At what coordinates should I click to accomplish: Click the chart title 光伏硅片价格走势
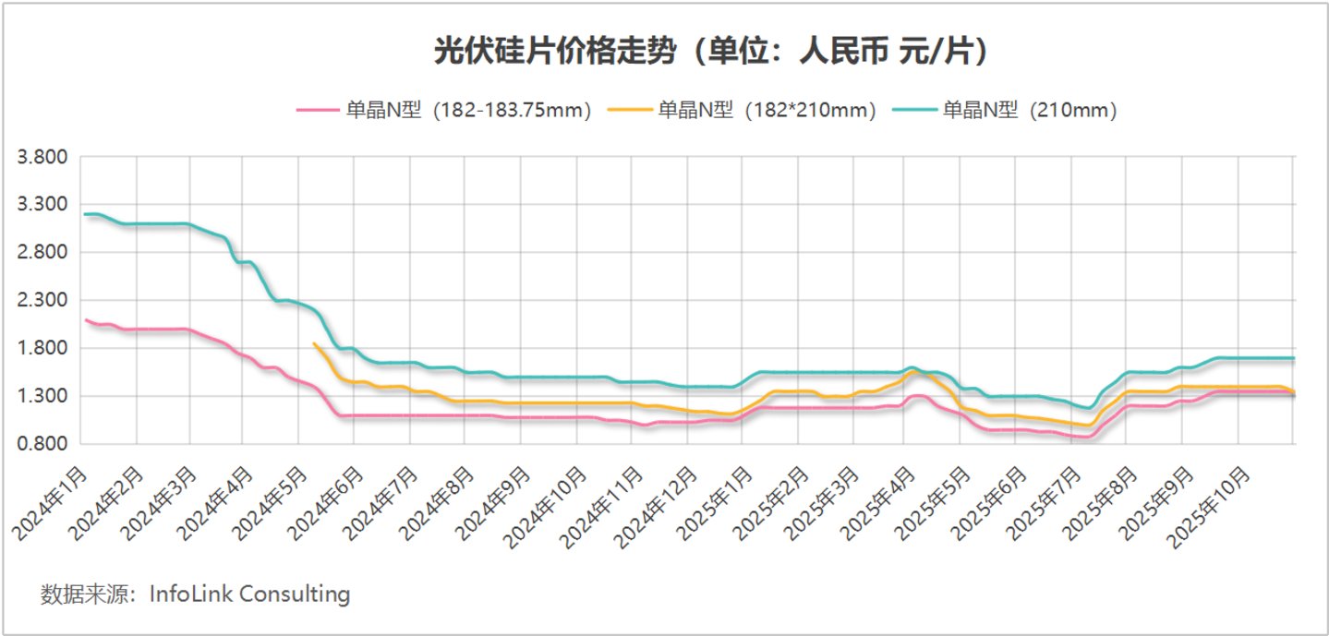click(x=555, y=51)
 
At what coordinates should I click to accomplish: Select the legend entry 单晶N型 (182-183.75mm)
click(x=444, y=110)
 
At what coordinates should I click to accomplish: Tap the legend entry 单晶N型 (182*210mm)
click(x=743, y=110)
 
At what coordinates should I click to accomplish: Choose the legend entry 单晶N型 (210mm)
click(x=1005, y=110)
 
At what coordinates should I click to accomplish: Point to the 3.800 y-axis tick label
click(x=42, y=157)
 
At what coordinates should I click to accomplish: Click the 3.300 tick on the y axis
click(x=42, y=205)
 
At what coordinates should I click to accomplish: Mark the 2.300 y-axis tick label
click(x=42, y=300)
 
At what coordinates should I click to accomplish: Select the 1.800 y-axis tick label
click(x=42, y=348)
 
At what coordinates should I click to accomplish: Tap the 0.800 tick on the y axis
click(x=42, y=443)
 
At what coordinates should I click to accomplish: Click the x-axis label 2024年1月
click(x=50, y=504)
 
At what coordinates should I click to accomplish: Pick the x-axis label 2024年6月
click(x=326, y=504)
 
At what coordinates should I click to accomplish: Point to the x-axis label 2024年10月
click(x=545, y=508)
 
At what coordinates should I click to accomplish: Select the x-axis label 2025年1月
click(x=715, y=504)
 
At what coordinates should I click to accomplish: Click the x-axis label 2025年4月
click(x=878, y=504)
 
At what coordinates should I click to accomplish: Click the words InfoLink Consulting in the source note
click(x=249, y=594)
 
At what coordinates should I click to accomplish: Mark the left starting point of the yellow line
click(x=314, y=343)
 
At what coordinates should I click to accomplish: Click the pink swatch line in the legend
click(x=318, y=110)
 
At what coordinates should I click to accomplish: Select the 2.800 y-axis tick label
click(x=42, y=252)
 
